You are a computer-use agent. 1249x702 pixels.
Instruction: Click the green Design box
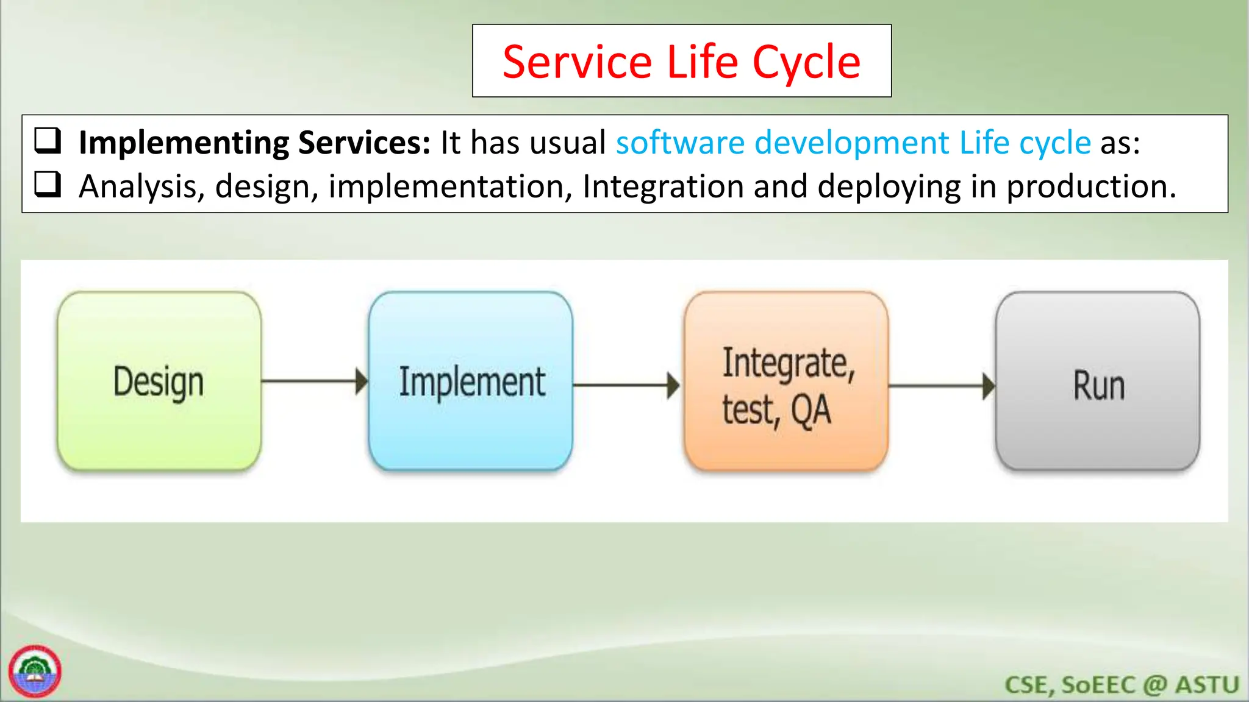[159, 381]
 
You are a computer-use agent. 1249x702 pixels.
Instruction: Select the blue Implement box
[471, 381]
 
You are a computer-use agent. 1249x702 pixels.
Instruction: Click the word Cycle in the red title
[806, 62]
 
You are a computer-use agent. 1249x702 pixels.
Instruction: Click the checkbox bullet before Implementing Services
[48, 140]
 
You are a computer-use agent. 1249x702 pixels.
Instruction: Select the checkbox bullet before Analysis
[48, 184]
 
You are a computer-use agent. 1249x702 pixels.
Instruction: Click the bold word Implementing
[184, 144]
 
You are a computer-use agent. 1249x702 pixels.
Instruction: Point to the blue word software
[680, 143]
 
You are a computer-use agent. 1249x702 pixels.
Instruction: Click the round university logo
[35, 671]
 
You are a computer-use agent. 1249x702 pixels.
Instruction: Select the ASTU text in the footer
[1207, 685]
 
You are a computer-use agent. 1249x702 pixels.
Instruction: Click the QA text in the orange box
[811, 411]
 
